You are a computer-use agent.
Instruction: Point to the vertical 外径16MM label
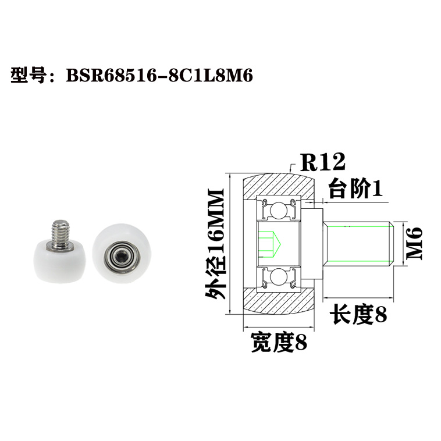click(215, 244)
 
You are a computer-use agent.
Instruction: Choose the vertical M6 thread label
click(415, 243)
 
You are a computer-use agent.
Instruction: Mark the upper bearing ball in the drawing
click(280, 208)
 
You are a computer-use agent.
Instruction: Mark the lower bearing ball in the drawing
click(280, 278)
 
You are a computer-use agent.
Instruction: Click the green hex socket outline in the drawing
click(271, 243)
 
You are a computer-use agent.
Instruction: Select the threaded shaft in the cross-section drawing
click(358, 243)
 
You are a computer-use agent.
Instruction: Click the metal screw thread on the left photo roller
click(61, 229)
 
